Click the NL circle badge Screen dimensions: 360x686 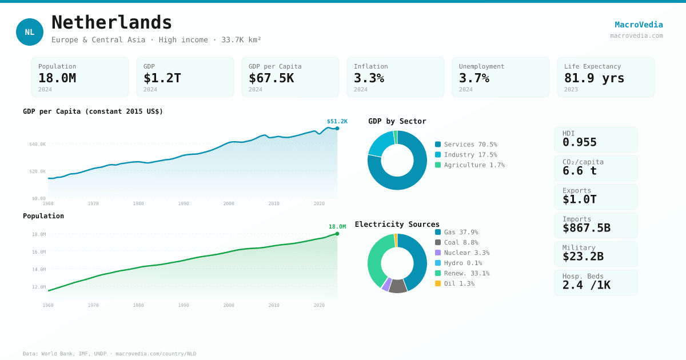click(x=30, y=32)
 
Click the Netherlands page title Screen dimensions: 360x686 click(x=111, y=23)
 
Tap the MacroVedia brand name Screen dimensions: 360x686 click(x=639, y=25)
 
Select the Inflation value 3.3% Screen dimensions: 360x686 click(x=369, y=78)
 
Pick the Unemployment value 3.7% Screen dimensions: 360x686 click(x=474, y=78)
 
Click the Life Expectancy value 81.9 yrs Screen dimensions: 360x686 click(x=594, y=78)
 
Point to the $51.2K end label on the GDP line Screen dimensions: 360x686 click(x=337, y=121)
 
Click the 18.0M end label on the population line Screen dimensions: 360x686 click(x=337, y=227)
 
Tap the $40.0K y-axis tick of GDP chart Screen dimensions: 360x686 click(x=38, y=144)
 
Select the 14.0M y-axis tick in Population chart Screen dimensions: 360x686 click(x=39, y=269)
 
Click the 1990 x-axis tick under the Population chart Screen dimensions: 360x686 click(x=183, y=305)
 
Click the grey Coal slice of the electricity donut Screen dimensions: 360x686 click(x=397, y=286)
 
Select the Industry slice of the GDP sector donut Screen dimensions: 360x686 click(x=380, y=143)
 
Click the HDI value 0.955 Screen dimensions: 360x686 click(x=579, y=142)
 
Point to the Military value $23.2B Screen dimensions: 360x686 click(x=583, y=257)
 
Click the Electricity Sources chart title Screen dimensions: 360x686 click(x=397, y=225)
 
